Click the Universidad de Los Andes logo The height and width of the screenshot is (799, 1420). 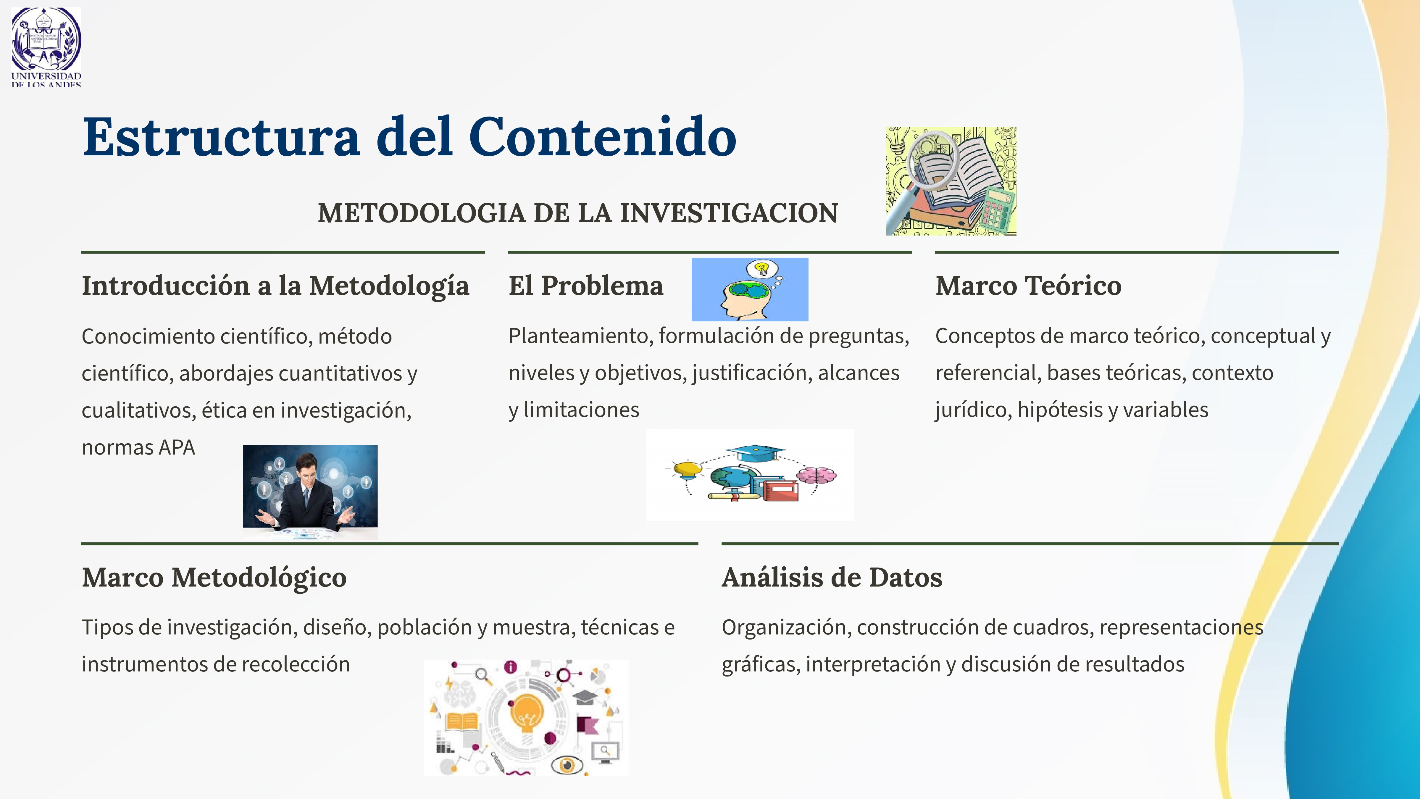(x=46, y=46)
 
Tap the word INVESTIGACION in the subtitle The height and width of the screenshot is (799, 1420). (x=729, y=213)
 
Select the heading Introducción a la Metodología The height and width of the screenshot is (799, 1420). (x=275, y=286)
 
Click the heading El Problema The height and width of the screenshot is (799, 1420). (x=585, y=286)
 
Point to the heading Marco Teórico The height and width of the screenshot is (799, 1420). (x=1028, y=286)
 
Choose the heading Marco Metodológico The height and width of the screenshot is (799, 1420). (x=214, y=577)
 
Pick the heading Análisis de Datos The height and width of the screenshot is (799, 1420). (x=832, y=577)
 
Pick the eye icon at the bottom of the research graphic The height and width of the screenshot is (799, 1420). (x=566, y=764)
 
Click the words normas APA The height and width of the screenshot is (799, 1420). (x=138, y=447)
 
